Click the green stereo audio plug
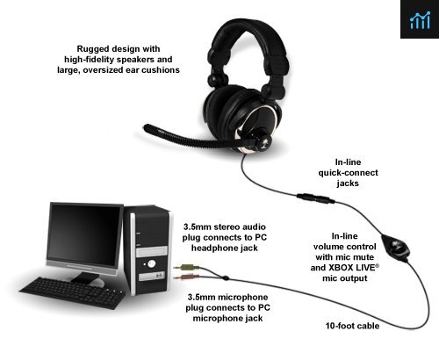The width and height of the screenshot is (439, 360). [186, 267]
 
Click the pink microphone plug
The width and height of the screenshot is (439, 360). [185, 277]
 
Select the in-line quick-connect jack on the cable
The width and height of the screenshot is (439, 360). [316, 198]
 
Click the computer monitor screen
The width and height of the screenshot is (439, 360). [84, 235]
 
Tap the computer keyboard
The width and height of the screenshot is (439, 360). [72, 292]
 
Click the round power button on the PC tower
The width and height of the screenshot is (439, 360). [151, 263]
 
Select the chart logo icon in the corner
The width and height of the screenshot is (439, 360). [420, 19]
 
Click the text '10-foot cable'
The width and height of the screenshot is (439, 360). [352, 326]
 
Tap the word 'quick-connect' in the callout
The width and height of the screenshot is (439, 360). [349, 173]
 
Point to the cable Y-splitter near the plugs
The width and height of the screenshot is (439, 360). [226, 277]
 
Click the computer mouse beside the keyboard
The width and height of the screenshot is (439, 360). [97, 282]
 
